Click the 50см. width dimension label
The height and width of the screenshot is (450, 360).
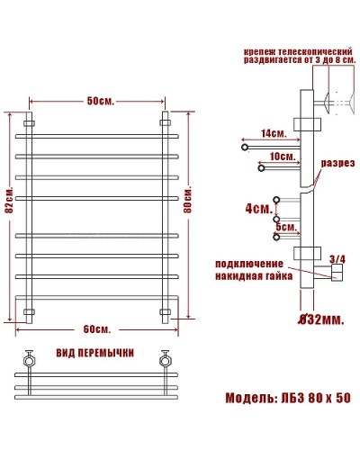99,101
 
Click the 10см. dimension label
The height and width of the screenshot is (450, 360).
281,157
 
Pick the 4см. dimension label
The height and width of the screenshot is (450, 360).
258,209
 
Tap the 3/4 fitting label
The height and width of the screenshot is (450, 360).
337,259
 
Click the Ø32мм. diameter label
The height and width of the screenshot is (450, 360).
319,318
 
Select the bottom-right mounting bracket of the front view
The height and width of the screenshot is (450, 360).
166,312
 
